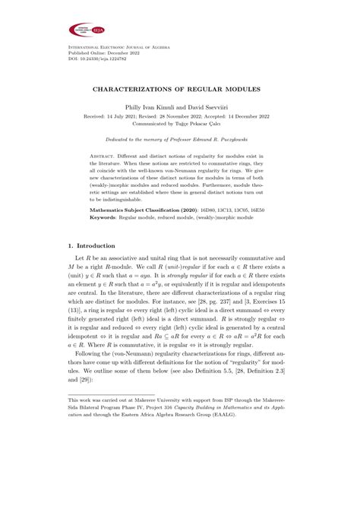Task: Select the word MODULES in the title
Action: coord(244,89)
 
